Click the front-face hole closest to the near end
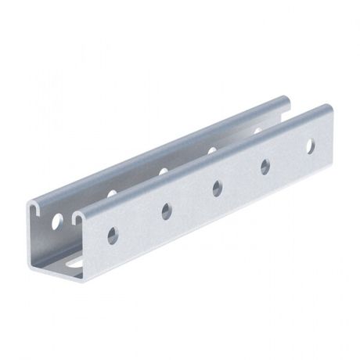pyautogui.click(x=113, y=233)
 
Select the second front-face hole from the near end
pyautogui.click(x=166, y=210)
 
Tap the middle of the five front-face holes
pyautogui.click(x=217, y=187)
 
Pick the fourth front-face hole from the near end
pyautogui.click(x=265, y=165)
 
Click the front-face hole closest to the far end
pyautogui.click(x=311, y=145)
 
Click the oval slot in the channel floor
pyautogui.click(x=74, y=264)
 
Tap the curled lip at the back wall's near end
pyautogui.click(x=37, y=209)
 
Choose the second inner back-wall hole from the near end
pyautogui.click(x=112, y=193)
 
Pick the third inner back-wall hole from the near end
pyautogui.click(x=163, y=170)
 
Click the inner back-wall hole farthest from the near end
pyautogui.click(x=257, y=129)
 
